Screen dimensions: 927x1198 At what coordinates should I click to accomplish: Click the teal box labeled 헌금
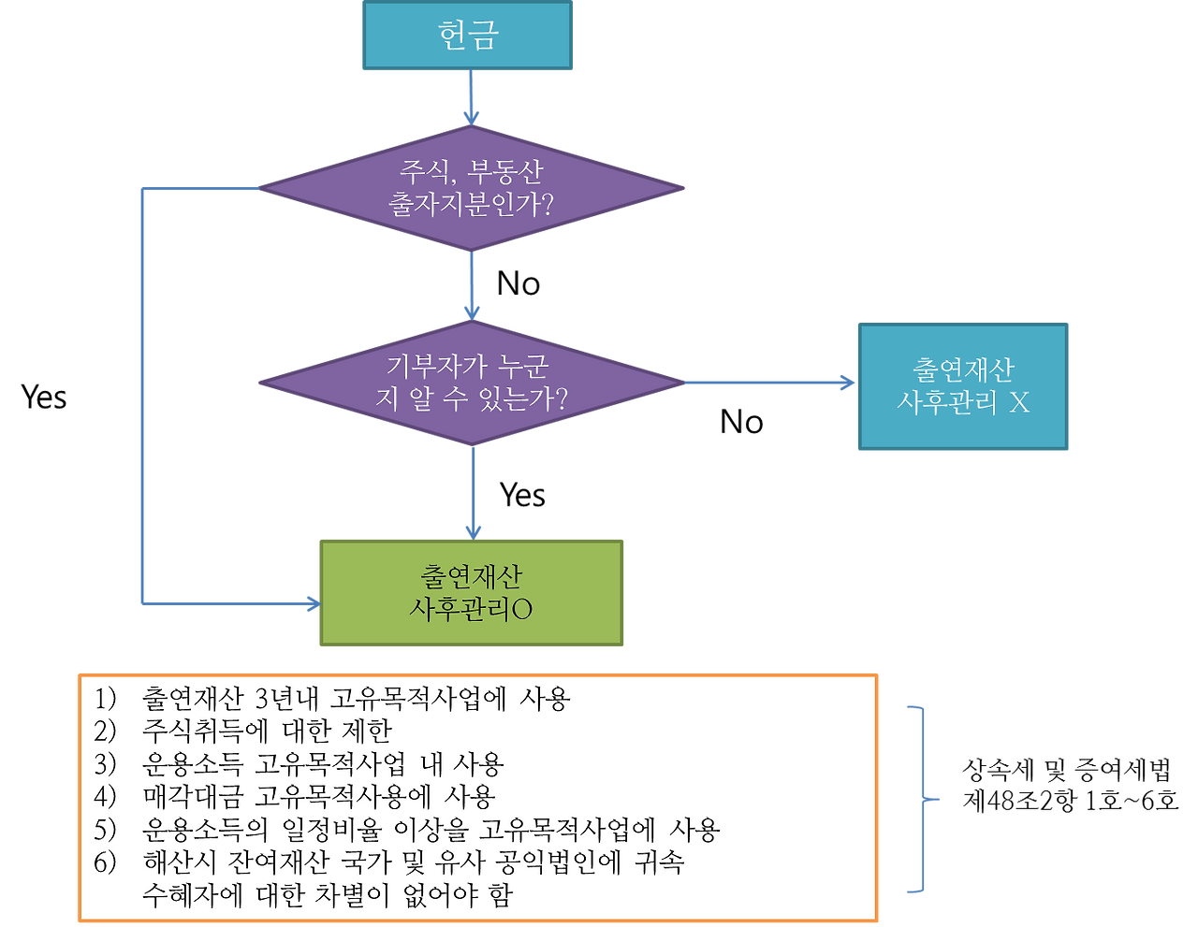(x=467, y=36)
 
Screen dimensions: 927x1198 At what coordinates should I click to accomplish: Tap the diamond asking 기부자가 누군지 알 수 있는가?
(x=471, y=383)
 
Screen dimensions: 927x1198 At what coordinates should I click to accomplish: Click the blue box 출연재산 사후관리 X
(x=962, y=386)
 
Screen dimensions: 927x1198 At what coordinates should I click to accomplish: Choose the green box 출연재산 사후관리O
(x=471, y=592)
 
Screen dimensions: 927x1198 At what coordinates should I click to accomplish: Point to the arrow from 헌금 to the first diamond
(x=471, y=98)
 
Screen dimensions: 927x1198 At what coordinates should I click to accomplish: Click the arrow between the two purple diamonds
(x=471, y=285)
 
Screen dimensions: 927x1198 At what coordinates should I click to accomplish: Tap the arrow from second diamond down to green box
(x=473, y=491)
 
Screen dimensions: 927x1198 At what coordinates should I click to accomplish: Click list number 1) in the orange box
(x=105, y=699)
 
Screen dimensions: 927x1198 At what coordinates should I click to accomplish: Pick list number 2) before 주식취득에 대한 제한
(x=105, y=731)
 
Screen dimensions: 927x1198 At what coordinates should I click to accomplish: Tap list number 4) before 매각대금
(x=105, y=797)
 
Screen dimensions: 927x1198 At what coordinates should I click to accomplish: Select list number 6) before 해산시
(x=105, y=862)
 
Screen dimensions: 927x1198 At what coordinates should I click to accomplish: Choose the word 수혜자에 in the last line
(x=193, y=895)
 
